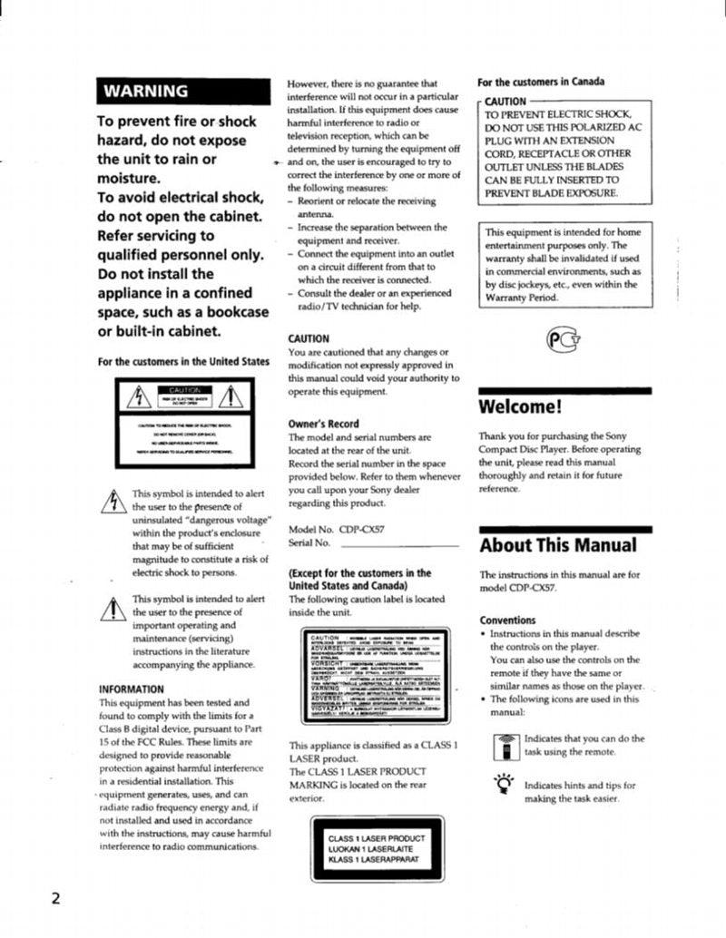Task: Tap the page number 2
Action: point(55,899)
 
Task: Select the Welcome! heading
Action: point(521,406)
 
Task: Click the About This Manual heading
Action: point(557,545)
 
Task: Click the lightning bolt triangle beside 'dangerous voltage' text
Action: point(115,500)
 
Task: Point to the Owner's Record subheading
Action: point(323,424)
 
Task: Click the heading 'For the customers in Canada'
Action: point(541,82)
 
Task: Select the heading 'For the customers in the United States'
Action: point(184,361)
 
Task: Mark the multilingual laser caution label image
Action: point(377,676)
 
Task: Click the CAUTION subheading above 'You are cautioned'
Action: point(309,338)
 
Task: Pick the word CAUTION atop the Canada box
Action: point(505,102)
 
